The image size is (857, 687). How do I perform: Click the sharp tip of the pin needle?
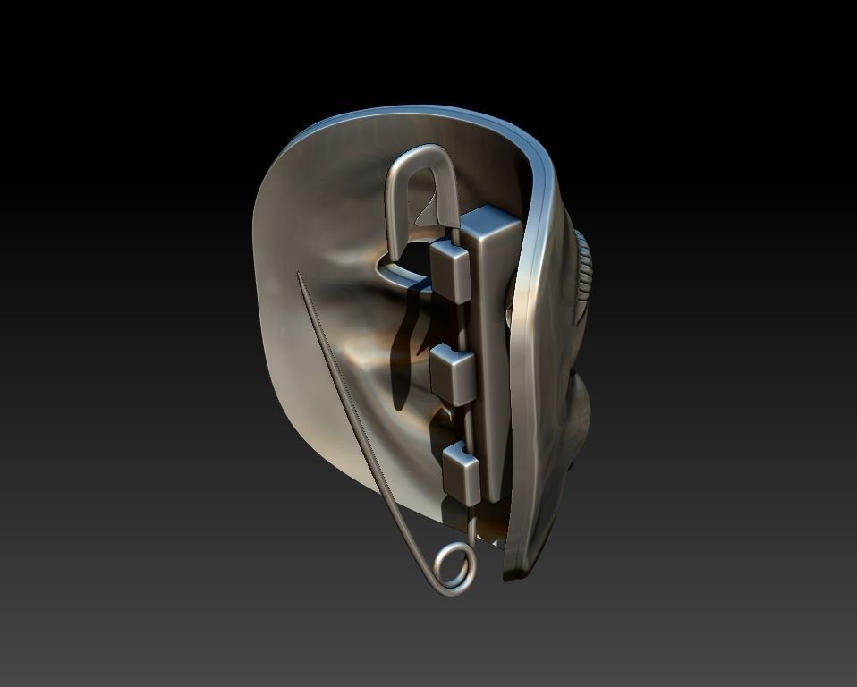(300, 276)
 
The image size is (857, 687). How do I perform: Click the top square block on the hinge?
(450, 268)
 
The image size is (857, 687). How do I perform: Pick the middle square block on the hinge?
(453, 371)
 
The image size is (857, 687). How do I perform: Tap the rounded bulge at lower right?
(579, 411)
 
